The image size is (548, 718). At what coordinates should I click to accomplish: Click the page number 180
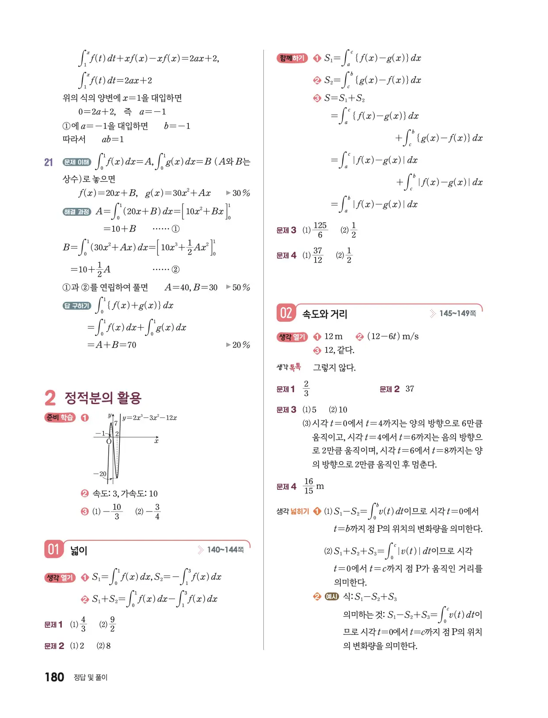click(x=54, y=677)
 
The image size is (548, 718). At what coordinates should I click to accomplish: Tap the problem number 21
click(x=49, y=162)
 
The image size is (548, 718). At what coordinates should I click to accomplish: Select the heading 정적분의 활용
click(x=103, y=398)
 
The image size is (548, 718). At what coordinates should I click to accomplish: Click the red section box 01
click(x=53, y=550)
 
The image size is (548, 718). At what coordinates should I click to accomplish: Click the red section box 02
click(x=286, y=313)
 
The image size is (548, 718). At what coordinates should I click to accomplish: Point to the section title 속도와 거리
click(x=325, y=314)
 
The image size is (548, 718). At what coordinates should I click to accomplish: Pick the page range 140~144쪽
click(x=225, y=550)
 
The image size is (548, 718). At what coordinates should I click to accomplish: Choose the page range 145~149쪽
click(x=457, y=313)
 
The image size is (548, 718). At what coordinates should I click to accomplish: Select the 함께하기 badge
click(x=292, y=58)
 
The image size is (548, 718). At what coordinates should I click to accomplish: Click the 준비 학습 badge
click(x=60, y=417)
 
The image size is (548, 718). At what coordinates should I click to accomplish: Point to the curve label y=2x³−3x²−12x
click(x=150, y=417)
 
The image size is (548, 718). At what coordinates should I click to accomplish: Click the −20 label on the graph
click(x=100, y=474)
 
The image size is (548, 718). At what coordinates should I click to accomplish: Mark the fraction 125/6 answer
click(x=320, y=230)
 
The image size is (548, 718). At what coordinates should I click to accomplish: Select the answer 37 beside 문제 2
click(x=410, y=389)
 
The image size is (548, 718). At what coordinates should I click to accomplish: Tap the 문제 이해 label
click(x=77, y=162)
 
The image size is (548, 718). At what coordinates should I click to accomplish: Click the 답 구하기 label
click(x=77, y=306)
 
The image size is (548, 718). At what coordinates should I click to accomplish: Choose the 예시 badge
click(x=331, y=596)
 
